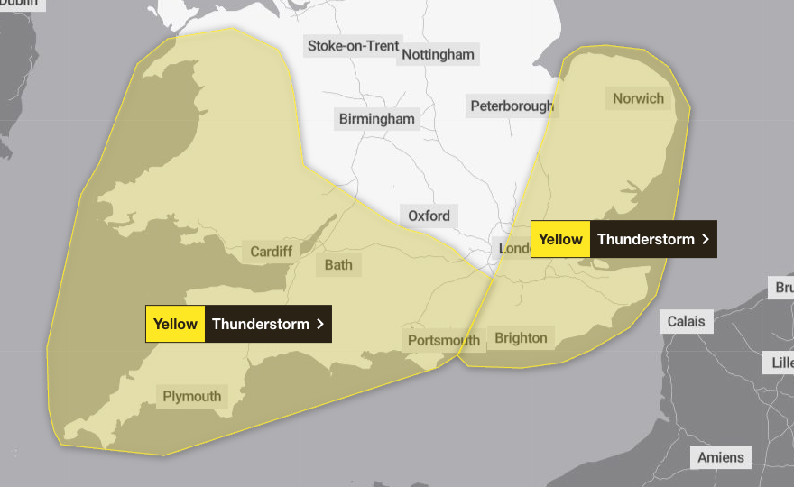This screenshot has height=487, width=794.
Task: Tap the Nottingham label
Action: (438, 54)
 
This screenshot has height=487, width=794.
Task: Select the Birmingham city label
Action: (377, 118)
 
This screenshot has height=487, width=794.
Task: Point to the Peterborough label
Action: (512, 106)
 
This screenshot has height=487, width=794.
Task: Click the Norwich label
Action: (638, 98)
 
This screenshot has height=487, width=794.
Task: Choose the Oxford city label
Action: (429, 216)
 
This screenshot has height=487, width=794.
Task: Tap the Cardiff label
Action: (272, 252)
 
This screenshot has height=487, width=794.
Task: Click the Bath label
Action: (338, 264)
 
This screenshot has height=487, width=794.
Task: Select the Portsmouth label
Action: (443, 340)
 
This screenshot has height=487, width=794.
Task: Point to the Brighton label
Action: (521, 338)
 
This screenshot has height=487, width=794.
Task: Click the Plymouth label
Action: (191, 396)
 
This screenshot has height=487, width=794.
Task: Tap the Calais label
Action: (686, 321)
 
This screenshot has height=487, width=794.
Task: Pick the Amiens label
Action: (722, 457)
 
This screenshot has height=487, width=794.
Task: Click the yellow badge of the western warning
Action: (175, 324)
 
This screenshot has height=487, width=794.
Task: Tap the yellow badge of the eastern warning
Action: (560, 239)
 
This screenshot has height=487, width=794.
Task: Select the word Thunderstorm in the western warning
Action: (260, 324)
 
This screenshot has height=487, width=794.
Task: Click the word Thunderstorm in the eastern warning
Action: (646, 239)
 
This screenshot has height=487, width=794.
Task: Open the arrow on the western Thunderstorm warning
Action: (320, 324)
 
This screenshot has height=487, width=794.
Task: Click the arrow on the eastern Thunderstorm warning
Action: (706, 239)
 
